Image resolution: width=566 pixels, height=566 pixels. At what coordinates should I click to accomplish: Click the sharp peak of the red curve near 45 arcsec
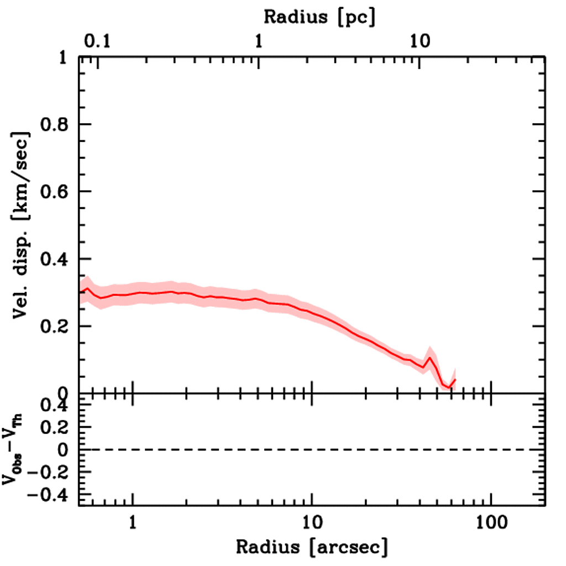coord(429,358)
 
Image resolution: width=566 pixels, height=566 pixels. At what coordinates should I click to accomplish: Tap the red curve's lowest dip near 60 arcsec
coord(449,387)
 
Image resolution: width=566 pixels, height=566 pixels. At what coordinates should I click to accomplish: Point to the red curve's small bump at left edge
coord(87,288)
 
